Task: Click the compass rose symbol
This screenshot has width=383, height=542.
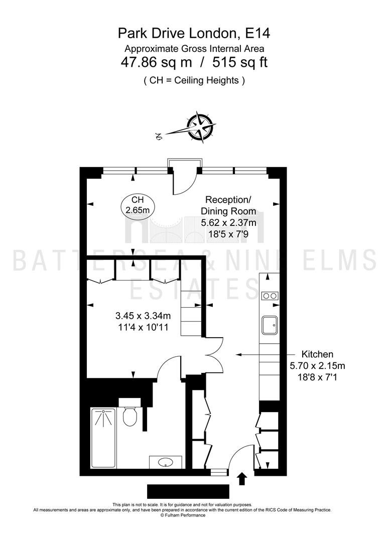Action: coord(200,126)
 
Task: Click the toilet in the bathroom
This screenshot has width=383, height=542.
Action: coord(130,413)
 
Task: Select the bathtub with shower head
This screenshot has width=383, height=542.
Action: coord(103,438)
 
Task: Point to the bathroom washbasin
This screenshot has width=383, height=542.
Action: coord(166,462)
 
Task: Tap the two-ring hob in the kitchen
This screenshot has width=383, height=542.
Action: coord(270,296)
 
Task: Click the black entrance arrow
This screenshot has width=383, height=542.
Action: coord(242,479)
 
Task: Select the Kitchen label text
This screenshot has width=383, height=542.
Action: coord(317,354)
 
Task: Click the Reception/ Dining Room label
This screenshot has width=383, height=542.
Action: coord(228,205)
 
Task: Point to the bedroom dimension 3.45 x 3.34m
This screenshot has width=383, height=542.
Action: coord(143,316)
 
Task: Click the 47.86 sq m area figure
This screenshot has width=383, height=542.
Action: coord(156,63)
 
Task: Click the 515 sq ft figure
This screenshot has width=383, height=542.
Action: coord(240,63)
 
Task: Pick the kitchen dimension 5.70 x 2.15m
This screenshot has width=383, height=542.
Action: coord(317,365)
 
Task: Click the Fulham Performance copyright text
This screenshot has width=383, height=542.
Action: coord(183,515)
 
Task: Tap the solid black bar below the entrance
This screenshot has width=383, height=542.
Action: coord(188,491)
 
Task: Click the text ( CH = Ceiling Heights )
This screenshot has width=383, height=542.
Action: coord(194,80)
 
